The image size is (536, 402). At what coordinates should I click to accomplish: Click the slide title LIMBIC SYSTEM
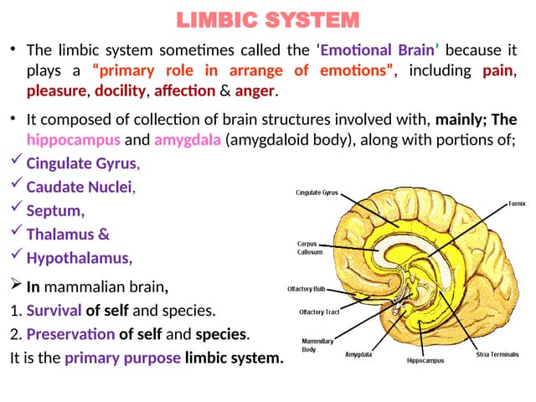click(x=269, y=19)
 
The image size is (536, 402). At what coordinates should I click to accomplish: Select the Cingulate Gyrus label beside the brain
click(x=317, y=193)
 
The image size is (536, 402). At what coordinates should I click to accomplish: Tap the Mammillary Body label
click(x=317, y=346)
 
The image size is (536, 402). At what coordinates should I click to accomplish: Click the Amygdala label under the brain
click(x=360, y=354)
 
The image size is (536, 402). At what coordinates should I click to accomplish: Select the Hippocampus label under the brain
click(x=425, y=361)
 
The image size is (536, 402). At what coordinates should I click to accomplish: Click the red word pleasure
click(x=57, y=90)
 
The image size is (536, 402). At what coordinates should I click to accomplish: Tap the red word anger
click(x=255, y=90)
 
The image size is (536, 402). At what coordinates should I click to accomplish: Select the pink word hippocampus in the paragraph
click(x=74, y=139)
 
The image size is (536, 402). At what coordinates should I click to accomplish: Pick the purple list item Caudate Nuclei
click(x=80, y=187)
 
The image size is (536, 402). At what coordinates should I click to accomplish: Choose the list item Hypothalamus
click(x=79, y=257)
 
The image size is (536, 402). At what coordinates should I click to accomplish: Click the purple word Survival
click(x=54, y=311)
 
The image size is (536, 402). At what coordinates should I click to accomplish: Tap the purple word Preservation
click(x=70, y=334)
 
